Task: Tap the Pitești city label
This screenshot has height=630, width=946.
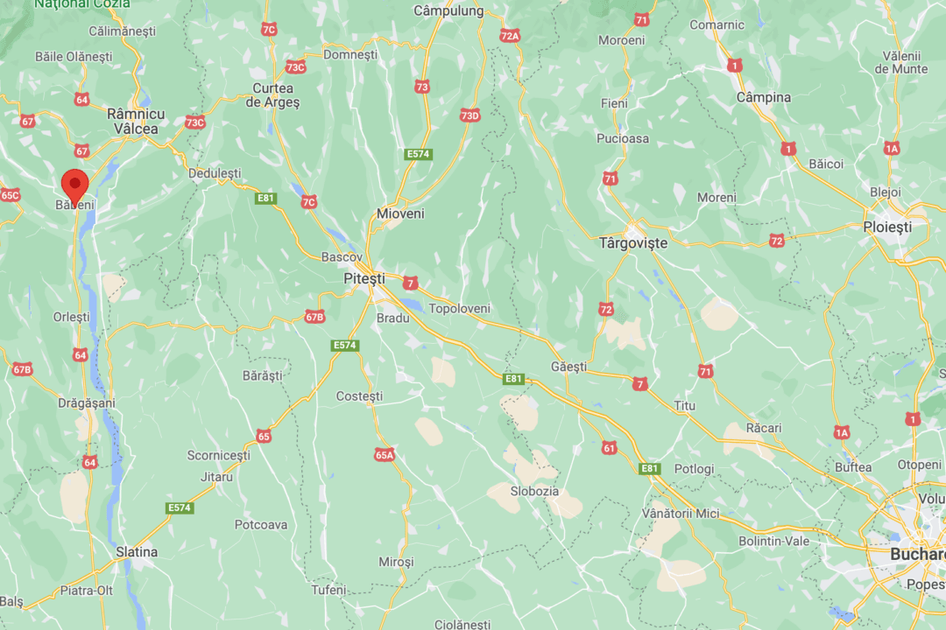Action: coord(364,278)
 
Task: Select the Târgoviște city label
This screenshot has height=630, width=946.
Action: coord(632,242)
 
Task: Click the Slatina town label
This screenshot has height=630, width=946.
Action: coord(137,552)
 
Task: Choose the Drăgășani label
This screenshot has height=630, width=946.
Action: coord(87,402)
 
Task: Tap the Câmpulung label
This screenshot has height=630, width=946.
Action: coord(448,11)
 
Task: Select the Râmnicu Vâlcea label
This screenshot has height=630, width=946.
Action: coord(135,122)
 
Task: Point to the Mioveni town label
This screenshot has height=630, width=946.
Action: coord(400,213)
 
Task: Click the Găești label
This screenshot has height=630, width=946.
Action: coord(568,367)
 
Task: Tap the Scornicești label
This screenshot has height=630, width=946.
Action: coord(218,455)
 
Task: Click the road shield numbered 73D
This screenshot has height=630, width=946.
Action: coord(470,115)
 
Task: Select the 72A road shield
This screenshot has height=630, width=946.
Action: coord(510,36)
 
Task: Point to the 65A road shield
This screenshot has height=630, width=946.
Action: coord(385,454)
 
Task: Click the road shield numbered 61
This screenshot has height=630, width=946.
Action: coord(610,448)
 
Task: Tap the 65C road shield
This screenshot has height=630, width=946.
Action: coord(10,194)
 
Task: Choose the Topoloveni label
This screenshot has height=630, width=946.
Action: coord(459,309)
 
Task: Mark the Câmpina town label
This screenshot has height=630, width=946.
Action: coord(763,97)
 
